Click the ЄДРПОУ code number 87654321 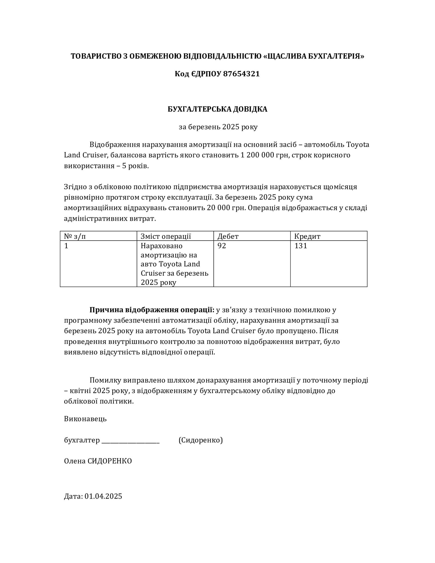pyautogui.click(x=241, y=74)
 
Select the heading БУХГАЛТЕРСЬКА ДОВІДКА pyautogui.click(x=217, y=109)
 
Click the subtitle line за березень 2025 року pyautogui.click(x=218, y=127)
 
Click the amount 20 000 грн pyautogui.click(x=226, y=208)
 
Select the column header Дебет pyautogui.click(x=228, y=236)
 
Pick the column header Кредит pyautogui.click(x=307, y=236)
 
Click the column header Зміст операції pyautogui.click(x=166, y=236)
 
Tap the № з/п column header pyautogui.click(x=75, y=236)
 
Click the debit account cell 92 pyautogui.click(x=222, y=246)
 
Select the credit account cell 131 pyautogui.click(x=300, y=246)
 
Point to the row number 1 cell pyautogui.click(x=66, y=246)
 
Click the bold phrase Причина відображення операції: pyautogui.click(x=152, y=310)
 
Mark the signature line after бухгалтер pyautogui.click(x=130, y=440)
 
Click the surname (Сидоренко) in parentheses pyautogui.click(x=201, y=440)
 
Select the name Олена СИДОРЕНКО pyautogui.click(x=98, y=461)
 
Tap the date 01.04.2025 pyautogui.click(x=103, y=496)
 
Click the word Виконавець pyautogui.click(x=85, y=419)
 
